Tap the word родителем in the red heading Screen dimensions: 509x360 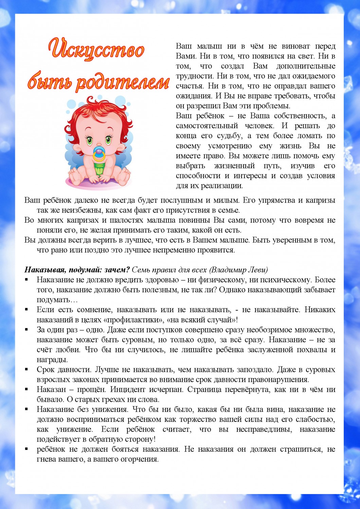coord(123,82)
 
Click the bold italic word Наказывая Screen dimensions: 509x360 coord(45,270)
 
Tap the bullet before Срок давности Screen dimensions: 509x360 coord(26,369)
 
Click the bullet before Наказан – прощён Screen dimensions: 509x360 coord(26,389)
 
